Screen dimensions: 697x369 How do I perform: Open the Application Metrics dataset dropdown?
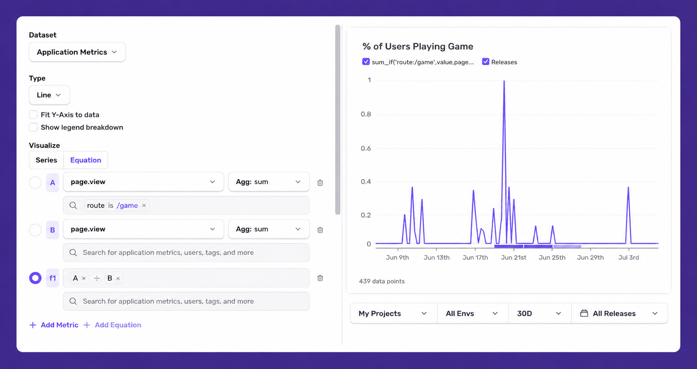(x=77, y=52)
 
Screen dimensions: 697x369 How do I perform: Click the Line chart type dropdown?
(x=49, y=95)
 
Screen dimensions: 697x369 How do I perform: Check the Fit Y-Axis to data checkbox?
(x=33, y=115)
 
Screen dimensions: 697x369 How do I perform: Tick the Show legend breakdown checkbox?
(x=33, y=127)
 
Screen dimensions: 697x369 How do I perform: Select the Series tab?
(x=46, y=160)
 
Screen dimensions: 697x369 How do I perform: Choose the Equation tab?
(x=86, y=160)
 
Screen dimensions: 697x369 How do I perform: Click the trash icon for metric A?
(x=320, y=182)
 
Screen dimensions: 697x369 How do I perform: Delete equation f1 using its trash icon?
(x=320, y=278)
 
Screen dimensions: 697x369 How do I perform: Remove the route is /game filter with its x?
(x=144, y=206)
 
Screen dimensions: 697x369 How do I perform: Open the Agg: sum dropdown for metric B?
(x=269, y=229)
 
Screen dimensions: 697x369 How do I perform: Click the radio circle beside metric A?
(x=35, y=182)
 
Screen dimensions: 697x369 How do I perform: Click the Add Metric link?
(x=54, y=325)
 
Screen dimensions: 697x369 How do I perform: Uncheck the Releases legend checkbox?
(x=486, y=61)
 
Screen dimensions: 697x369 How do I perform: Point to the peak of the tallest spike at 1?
(x=504, y=81)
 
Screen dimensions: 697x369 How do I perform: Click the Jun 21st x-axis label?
(x=514, y=257)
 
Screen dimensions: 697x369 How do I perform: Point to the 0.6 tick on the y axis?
(x=366, y=148)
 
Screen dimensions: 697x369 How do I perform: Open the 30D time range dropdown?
(x=539, y=314)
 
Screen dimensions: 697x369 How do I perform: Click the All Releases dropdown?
(x=619, y=314)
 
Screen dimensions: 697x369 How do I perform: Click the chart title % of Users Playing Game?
(x=418, y=47)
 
